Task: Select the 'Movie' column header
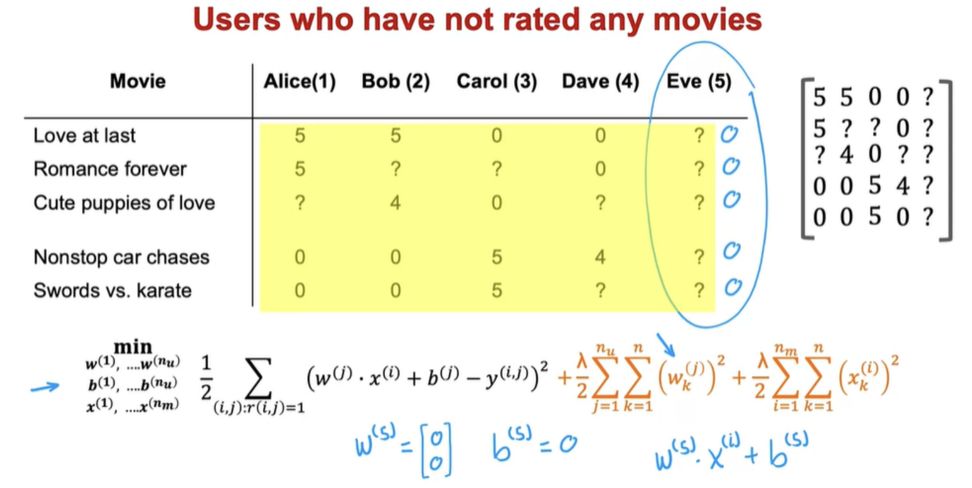138,81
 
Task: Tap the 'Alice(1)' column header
300,82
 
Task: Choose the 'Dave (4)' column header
600,82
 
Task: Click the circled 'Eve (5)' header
698,82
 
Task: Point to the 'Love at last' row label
85,136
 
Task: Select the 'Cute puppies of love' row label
124,203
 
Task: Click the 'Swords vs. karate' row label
112,291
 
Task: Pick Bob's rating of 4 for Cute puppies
395,202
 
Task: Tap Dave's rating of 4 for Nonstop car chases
600,257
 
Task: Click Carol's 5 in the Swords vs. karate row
497,291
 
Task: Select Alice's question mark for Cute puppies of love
300,202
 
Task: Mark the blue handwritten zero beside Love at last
729,134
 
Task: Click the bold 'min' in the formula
133,347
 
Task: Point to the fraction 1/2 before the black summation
206,377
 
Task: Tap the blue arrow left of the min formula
45,387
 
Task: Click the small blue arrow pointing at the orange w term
665,345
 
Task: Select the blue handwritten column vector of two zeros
436,451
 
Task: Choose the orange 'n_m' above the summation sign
786,349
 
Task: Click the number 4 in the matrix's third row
846,154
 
